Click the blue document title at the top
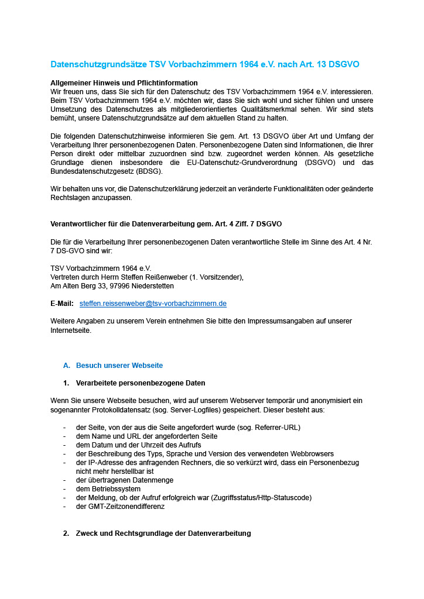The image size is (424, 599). [x=205, y=64]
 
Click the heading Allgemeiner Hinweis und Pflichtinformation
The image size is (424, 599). [x=124, y=83]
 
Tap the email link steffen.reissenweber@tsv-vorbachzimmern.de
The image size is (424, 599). [x=153, y=304]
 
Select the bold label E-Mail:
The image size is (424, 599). [x=63, y=304]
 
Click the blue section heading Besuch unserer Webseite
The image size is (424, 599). [x=119, y=366]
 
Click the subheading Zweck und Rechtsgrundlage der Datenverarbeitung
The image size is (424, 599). [x=163, y=533]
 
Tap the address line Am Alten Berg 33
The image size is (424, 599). [x=112, y=286]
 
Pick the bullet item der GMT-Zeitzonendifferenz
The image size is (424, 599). [x=120, y=507]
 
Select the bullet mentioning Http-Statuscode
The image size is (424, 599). [x=193, y=498]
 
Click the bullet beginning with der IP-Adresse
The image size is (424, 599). [x=217, y=463]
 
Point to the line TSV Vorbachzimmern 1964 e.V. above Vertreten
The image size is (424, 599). [x=101, y=268]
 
